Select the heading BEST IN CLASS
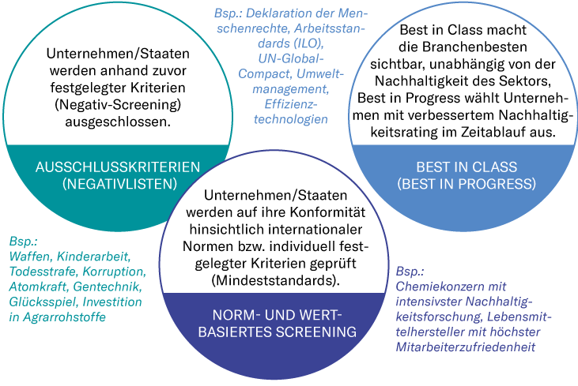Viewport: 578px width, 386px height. [x=467, y=167]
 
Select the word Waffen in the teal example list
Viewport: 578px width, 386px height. [x=29, y=257]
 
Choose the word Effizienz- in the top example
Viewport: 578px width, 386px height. [x=290, y=104]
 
